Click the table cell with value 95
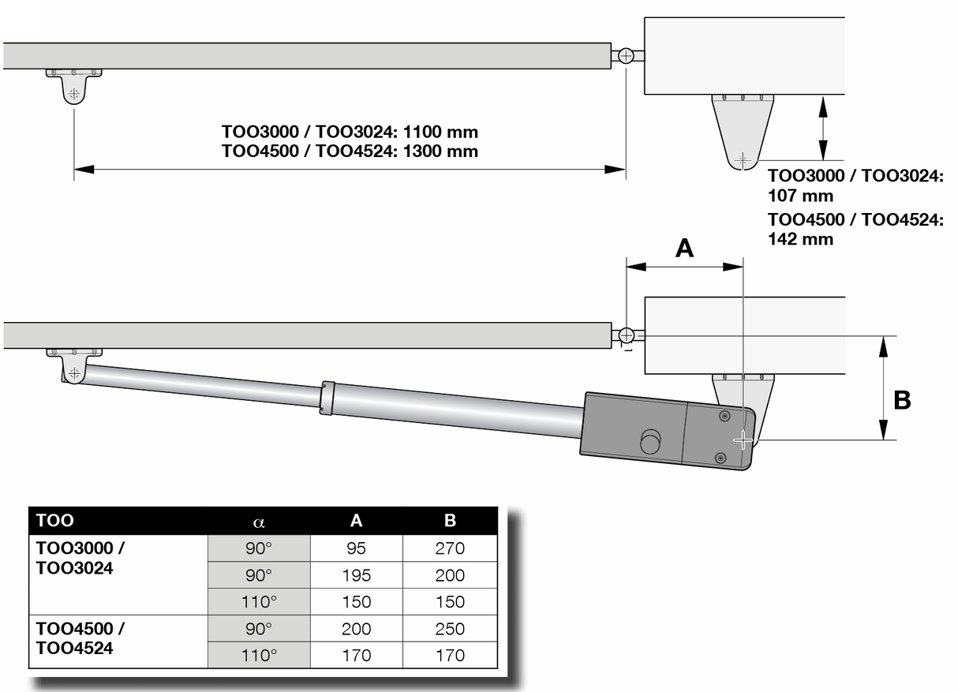[357, 548]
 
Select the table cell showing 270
[450, 548]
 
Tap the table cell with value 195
[357, 575]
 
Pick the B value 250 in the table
[450, 629]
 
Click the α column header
[259, 521]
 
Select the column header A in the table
[357, 521]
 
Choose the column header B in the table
[450, 521]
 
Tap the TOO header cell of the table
[55, 521]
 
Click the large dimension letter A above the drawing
[684, 249]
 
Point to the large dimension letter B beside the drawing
[902, 400]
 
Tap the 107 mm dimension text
[800, 195]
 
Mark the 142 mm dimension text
[800, 238]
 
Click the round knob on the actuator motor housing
[650, 442]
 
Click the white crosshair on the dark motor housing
[743, 440]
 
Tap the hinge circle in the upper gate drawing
[626, 56]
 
